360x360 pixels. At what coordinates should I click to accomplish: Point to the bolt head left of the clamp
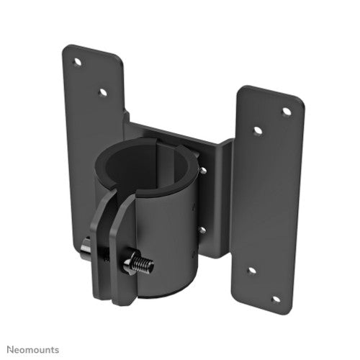pos(85,249)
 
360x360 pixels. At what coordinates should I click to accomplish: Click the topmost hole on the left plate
pos(76,63)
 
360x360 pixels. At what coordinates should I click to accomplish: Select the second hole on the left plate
pos(103,92)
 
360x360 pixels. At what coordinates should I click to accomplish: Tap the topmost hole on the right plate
pos(286,112)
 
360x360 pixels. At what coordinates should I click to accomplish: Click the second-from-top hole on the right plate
pos(258,131)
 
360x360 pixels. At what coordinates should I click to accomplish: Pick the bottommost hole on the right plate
pos(276,298)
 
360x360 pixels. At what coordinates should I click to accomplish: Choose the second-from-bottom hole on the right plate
pos(251,271)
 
